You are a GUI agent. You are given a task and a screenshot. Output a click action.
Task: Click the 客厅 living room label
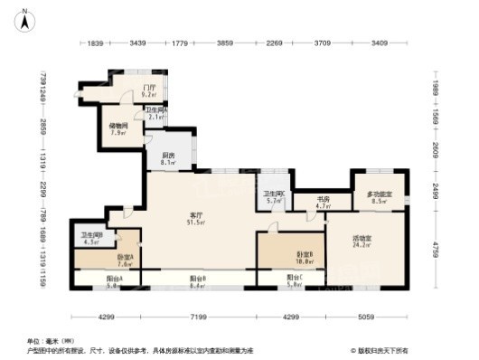tap(194, 213)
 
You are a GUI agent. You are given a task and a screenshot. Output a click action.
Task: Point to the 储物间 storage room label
tap(118, 128)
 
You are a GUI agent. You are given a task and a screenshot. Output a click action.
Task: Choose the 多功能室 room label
tap(379, 194)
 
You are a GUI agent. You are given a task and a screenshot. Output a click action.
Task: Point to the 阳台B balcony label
tap(198, 278)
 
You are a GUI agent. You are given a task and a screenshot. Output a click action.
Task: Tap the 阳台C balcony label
tap(296, 278)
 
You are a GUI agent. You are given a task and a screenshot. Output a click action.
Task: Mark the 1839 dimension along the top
tap(97, 43)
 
